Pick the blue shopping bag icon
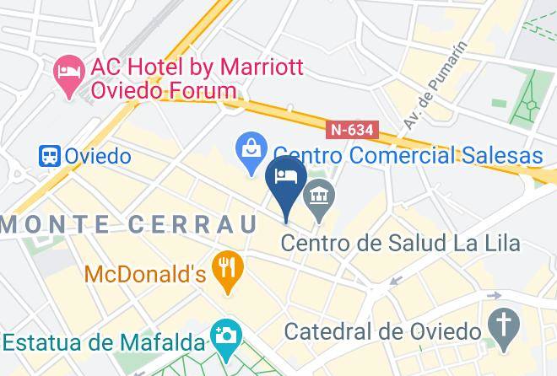(x=251, y=153)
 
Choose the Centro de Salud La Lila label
(x=400, y=244)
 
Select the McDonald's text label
(x=145, y=274)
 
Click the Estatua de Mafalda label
(x=104, y=343)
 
